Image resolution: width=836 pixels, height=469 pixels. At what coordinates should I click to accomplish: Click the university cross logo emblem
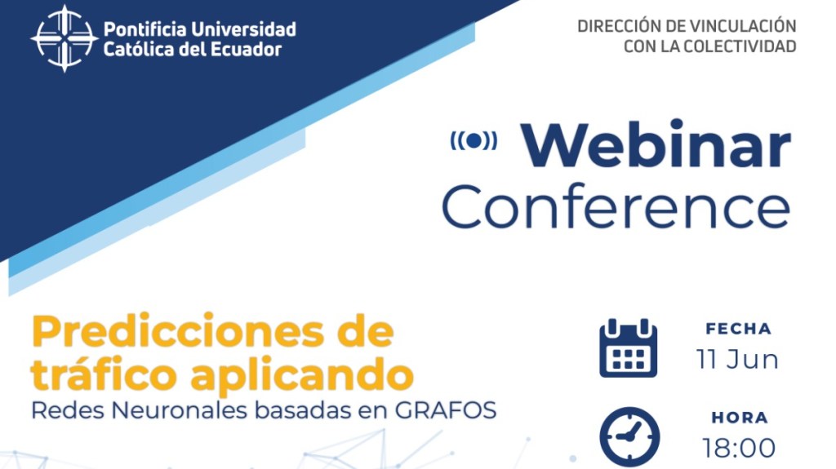coord(64,38)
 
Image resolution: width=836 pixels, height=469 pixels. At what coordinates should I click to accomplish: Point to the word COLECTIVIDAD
coord(740,46)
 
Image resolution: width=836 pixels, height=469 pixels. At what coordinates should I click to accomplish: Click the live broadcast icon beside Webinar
coord(474,140)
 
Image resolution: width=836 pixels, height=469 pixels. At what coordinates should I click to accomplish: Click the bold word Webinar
coord(656,145)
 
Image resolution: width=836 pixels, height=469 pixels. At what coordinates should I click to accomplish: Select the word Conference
coord(616,207)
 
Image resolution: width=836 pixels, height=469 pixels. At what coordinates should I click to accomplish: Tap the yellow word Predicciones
coord(177,331)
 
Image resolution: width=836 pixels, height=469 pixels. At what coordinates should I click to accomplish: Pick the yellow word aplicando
coord(302,376)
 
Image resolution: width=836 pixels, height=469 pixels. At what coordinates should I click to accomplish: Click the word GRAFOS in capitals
coord(446,410)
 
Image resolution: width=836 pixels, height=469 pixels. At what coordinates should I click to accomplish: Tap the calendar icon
coord(629,348)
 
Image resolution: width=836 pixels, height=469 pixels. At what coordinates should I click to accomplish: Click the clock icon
coord(629,437)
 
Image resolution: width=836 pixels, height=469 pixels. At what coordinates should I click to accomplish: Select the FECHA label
coord(738,329)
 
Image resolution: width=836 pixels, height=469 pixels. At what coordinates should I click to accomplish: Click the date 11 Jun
coord(738,359)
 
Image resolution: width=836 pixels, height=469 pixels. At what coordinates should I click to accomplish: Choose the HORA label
coord(740,418)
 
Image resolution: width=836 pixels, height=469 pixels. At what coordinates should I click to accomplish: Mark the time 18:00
coord(739,449)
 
